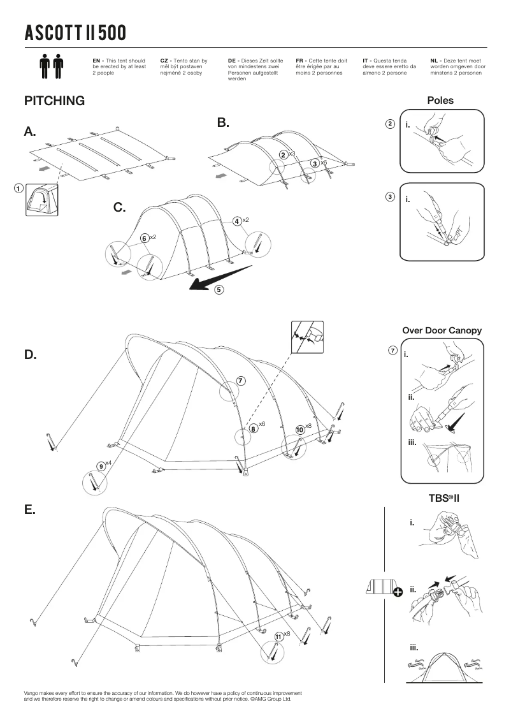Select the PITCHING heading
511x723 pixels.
click(x=54, y=101)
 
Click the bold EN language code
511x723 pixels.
click(x=97, y=59)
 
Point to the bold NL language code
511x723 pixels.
click(x=435, y=59)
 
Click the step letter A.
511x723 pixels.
click(x=30, y=132)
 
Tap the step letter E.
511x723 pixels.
click(x=29, y=510)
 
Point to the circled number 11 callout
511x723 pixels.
click(x=278, y=636)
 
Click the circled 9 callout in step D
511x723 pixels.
click(x=101, y=465)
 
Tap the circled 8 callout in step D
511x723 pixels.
click(x=254, y=428)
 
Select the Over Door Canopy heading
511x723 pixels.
click(x=442, y=330)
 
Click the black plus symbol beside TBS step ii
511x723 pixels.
click(x=398, y=592)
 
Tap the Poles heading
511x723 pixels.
click(x=440, y=101)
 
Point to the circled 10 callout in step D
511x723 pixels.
click(x=299, y=430)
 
